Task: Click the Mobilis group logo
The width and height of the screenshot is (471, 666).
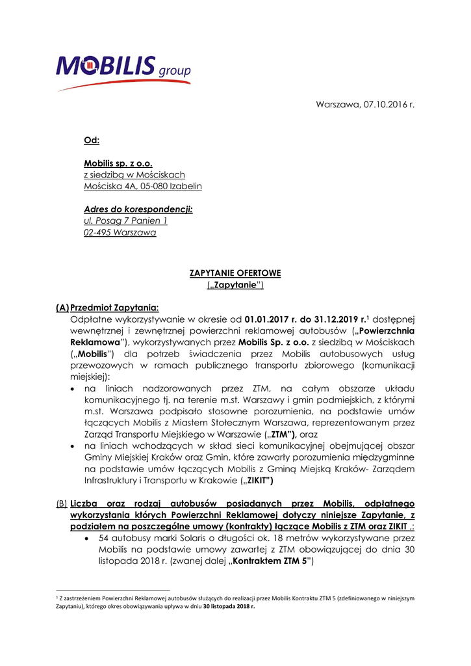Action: (123, 70)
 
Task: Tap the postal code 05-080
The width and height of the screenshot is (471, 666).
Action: (153, 187)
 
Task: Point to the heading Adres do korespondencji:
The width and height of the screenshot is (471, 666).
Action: (138, 209)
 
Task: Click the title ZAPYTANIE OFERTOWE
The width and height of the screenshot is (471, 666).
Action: (235, 273)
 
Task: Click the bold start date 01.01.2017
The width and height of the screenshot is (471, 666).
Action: (269, 319)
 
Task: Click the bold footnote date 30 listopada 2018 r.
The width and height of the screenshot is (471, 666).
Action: (227, 606)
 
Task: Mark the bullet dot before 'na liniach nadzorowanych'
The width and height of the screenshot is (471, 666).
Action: (75, 388)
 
